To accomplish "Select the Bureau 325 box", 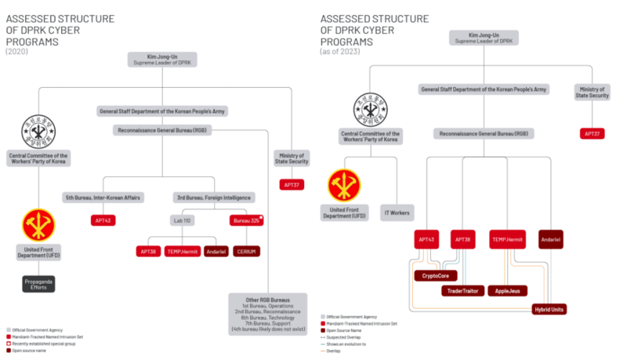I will point(245,221).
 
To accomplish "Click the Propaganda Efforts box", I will point(38,283).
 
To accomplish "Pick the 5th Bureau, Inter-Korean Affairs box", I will point(103,197).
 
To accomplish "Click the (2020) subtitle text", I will point(16,51).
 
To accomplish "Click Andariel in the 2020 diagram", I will point(216,251).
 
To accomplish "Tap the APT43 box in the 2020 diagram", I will point(103,220).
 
